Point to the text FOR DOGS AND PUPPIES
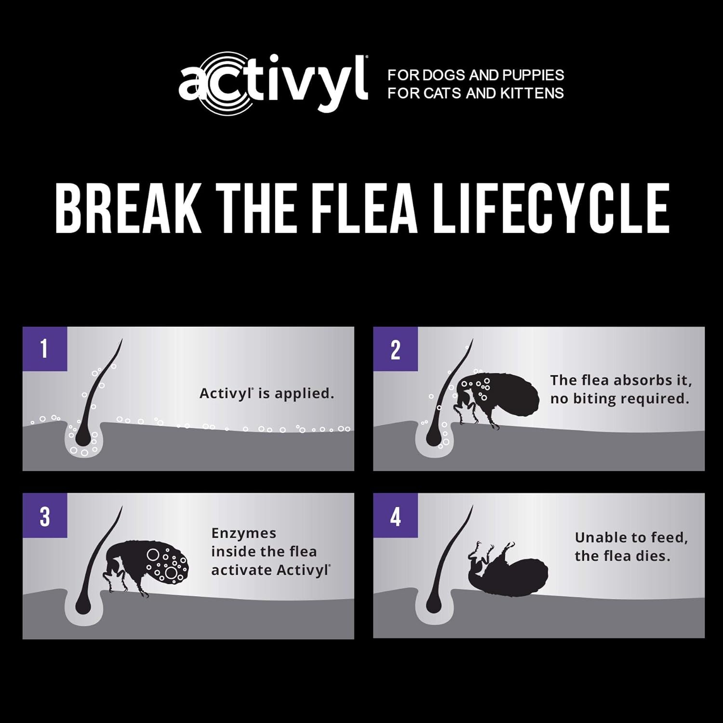coord(476,75)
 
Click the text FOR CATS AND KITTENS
coord(476,93)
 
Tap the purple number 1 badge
coord(45,349)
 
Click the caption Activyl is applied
coord(267,393)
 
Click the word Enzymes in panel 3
coord(243,533)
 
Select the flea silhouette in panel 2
coord(496,398)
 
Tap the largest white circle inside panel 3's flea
coord(171,572)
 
